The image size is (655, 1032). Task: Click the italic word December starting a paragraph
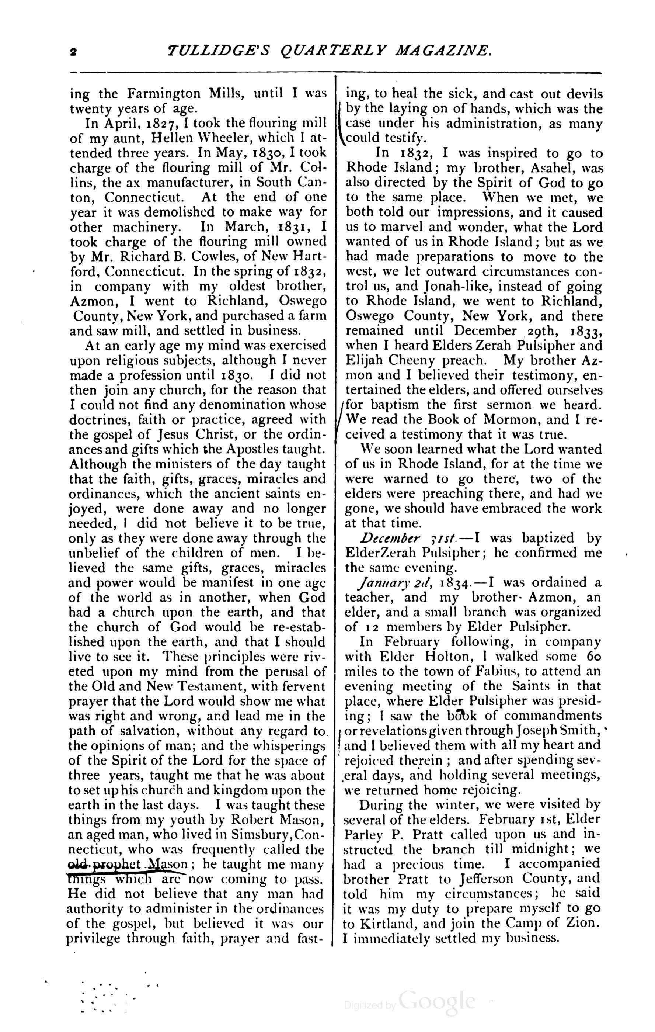pos(389,538)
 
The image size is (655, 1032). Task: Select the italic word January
pos(380,582)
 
